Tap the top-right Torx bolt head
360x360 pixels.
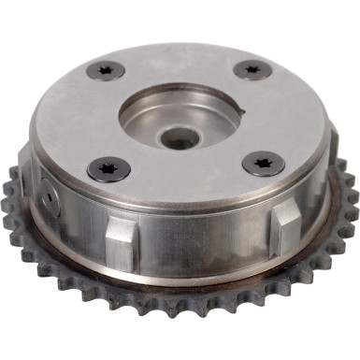click(x=252, y=69)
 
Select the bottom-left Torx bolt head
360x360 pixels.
click(x=108, y=168)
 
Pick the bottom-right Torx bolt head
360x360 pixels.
click(x=263, y=164)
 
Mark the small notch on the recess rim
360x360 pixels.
click(x=240, y=111)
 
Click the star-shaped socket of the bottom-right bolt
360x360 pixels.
click(x=263, y=164)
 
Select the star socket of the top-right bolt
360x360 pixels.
click(x=252, y=69)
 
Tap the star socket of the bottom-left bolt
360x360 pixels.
click(x=108, y=168)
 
